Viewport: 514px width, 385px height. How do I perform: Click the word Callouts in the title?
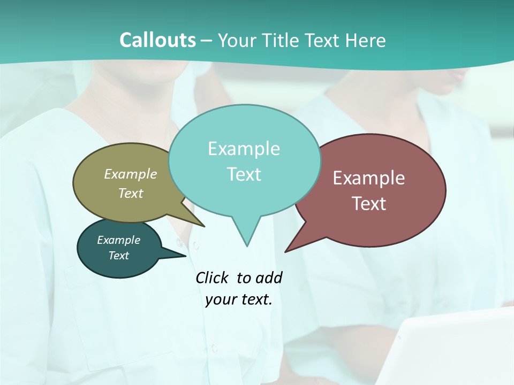click(157, 40)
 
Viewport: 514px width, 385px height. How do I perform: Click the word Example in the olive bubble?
click(131, 174)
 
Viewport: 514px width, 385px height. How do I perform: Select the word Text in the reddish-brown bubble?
click(369, 204)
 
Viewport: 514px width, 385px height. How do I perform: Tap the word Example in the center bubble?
click(244, 149)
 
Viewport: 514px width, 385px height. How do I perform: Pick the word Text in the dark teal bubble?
click(119, 256)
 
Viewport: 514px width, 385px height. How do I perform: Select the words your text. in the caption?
click(239, 299)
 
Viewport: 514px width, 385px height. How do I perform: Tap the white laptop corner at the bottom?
click(455, 348)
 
